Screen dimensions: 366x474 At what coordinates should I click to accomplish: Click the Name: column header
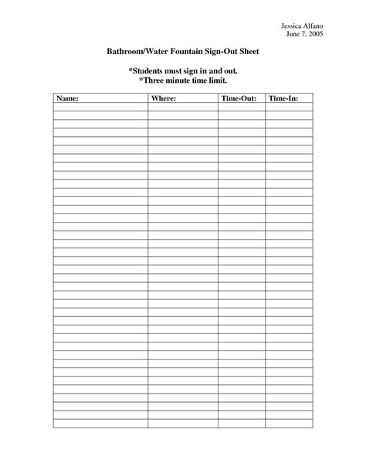click(x=68, y=100)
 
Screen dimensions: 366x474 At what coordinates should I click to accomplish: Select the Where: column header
click(x=164, y=100)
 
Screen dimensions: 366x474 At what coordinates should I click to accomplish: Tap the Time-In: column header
click(x=281, y=100)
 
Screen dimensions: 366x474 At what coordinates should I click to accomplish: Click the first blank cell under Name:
click(x=100, y=108)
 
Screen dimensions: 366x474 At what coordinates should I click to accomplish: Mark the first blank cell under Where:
click(x=182, y=108)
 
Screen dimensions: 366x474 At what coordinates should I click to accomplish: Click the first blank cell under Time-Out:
click(x=241, y=108)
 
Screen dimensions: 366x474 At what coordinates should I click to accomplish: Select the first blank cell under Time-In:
click(x=287, y=108)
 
